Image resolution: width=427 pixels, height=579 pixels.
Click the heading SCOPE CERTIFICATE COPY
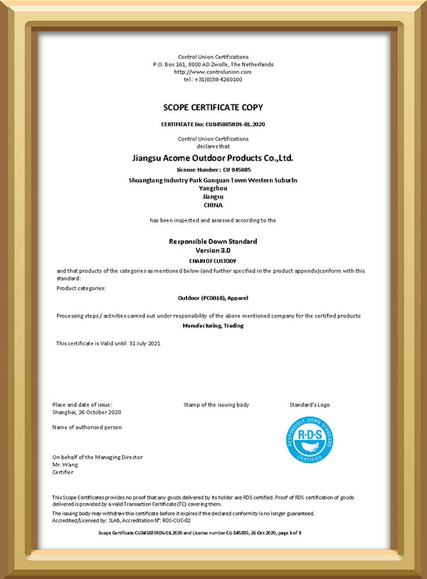[x=213, y=107]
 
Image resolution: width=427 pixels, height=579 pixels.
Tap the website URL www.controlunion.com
[x=213, y=72]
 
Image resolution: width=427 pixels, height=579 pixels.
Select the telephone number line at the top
[x=213, y=80]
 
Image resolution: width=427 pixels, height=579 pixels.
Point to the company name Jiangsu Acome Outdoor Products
[x=213, y=158]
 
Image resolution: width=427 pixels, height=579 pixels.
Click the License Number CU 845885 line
[x=213, y=171]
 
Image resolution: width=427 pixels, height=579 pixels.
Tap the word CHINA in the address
[x=213, y=205]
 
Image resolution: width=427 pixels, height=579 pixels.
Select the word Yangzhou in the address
[x=213, y=188]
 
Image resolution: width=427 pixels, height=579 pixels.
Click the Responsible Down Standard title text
[x=213, y=242]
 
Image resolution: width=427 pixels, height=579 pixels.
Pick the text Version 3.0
[x=213, y=251]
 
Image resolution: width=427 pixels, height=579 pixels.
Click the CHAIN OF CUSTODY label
[x=213, y=261]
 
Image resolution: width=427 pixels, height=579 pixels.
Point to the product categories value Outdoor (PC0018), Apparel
[x=213, y=301]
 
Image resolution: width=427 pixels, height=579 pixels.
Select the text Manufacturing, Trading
[x=213, y=325]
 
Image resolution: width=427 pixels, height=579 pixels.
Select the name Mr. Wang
[x=65, y=465]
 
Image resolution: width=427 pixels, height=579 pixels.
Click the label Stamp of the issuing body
[x=216, y=405]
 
